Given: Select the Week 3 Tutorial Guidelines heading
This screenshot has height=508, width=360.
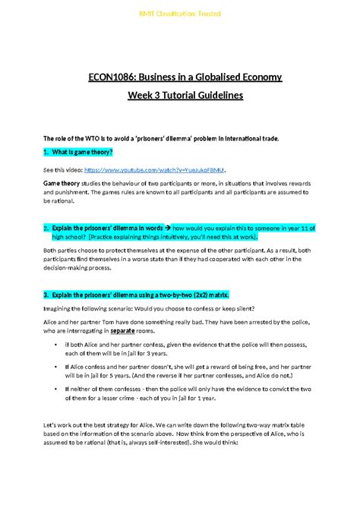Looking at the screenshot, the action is tap(179, 96).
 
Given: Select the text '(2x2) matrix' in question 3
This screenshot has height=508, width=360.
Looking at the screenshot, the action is tap(205, 294).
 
